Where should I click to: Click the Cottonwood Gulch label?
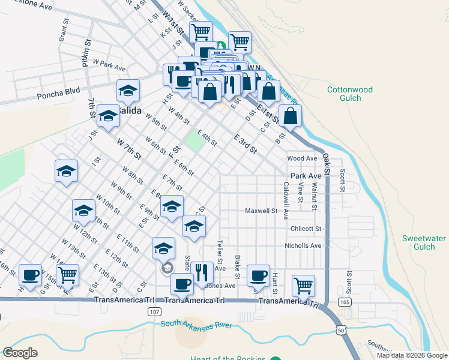coord(349,94)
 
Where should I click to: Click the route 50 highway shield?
coord(340,330)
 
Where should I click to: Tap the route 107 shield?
coord(154,312)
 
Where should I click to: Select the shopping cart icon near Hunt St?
coord(304,285)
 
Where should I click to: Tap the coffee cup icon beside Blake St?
coord(259,275)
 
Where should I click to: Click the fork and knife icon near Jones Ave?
coord(203,272)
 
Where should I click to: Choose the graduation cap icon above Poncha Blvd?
coord(128,91)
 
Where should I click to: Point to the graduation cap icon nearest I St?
coord(66,171)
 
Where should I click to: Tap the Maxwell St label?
coord(261,211)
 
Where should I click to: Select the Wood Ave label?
coord(301,158)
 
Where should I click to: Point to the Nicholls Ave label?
coord(303,245)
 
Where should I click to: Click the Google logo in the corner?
coord(20,353)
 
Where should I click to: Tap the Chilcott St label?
coord(306,229)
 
